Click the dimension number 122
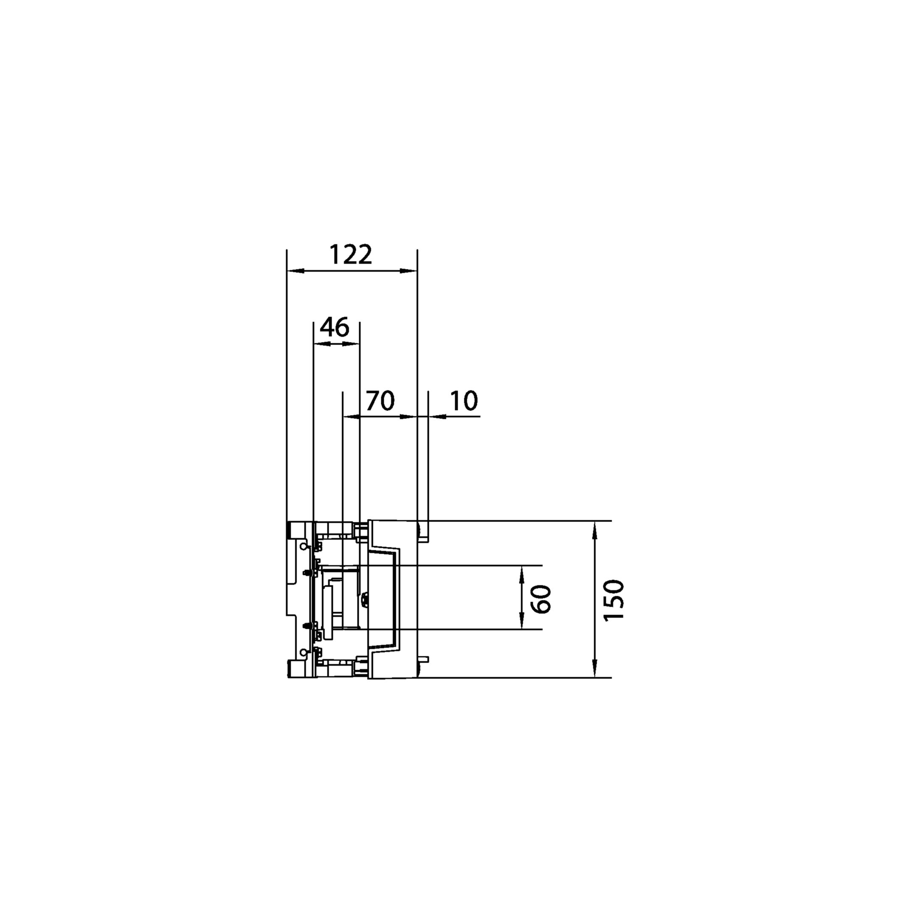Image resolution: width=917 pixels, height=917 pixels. pyautogui.click(x=351, y=255)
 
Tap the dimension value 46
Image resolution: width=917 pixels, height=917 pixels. pyautogui.click(x=335, y=327)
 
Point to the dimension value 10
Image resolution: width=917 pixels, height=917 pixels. pyautogui.click(x=463, y=401)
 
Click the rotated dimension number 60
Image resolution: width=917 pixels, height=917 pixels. pyautogui.click(x=542, y=599)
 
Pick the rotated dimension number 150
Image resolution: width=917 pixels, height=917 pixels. pyautogui.click(x=614, y=599)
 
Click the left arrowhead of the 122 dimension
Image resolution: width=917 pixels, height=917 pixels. pyautogui.click(x=295, y=271)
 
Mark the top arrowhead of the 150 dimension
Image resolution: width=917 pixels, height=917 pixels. pyautogui.click(x=594, y=530)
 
